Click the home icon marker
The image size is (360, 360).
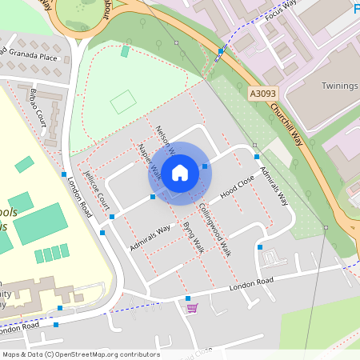click(x=180, y=172)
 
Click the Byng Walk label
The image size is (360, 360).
click(x=193, y=239)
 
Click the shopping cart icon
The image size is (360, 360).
click(x=191, y=308)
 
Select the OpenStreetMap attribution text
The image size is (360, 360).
click(x=81, y=354)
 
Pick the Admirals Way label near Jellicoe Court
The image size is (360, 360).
click(x=150, y=238)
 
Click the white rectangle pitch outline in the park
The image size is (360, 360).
click(x=122, y=102)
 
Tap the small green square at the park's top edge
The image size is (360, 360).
click(x=125, y=51)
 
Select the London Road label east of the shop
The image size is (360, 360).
click(x=251, y=284)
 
